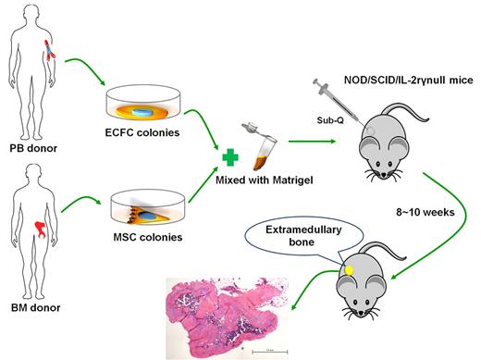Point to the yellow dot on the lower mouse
coord(350,270)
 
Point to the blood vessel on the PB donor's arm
coord(55,49)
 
